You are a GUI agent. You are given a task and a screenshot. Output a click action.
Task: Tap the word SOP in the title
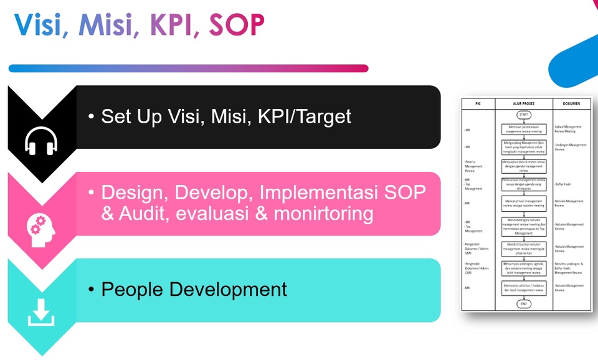tap(237, 25)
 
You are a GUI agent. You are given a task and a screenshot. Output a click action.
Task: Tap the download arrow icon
tap(39, 312)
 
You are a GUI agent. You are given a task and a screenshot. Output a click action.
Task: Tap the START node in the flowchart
tap(523, 115)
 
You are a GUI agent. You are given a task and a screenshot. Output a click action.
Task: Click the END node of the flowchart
tap(523, 304)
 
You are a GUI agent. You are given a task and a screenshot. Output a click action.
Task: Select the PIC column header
tap(478, 103)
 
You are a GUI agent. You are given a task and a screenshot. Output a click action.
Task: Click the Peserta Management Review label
tap(474, 165)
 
